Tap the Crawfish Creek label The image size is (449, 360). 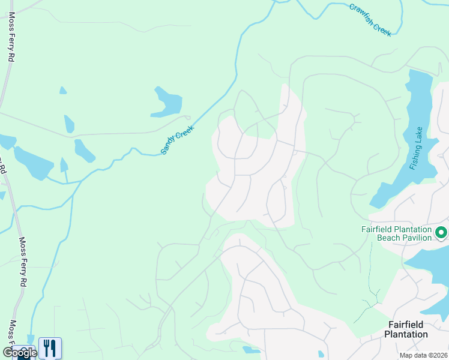click(370, 20)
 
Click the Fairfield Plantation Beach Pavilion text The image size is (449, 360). click(396, 233)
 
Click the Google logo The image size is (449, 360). click(19, 353)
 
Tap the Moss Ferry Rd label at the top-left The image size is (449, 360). click(11, 40)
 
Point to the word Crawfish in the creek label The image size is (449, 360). click(361, 13)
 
